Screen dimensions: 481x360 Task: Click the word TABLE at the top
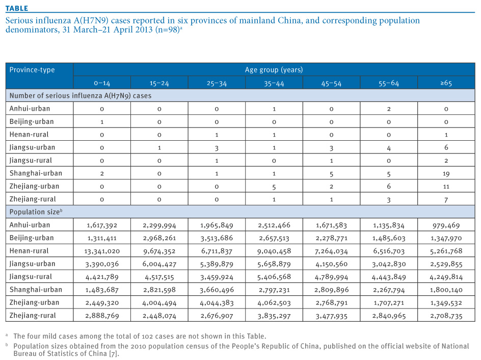tap(17, 8)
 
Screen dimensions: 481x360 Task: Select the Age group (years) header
tap(274, 70)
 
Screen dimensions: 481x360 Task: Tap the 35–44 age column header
tap(274, 83)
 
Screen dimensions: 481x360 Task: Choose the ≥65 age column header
tap(446, 83)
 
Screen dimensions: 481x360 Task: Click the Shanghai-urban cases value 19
tap(446, 174)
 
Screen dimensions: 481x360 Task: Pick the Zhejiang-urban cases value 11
tap(446, 187)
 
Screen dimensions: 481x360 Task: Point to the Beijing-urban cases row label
tap(32, 121)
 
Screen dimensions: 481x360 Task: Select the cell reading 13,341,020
tap(102, 251)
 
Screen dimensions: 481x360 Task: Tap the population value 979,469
tap(446, 225)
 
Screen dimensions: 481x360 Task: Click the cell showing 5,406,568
tap(274, 277)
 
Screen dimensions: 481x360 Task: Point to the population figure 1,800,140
tap(446, 290)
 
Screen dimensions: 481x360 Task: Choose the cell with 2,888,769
tap(102, 316)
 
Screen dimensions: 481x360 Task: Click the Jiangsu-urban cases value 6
tap(446, 147)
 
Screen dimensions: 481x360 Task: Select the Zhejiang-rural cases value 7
tap(446, 200)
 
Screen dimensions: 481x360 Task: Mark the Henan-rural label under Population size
tap(29, 251)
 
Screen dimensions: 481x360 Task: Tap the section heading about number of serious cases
tap(81, 96)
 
